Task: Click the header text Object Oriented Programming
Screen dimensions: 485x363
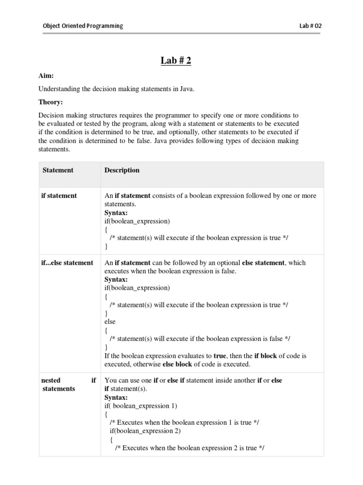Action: coord(82,26)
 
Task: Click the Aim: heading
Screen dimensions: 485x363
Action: coord(47,76)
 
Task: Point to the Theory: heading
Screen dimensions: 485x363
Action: coord(51,102)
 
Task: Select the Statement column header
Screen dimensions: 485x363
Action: coord(58,170)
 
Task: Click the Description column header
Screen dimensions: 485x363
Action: coord(122,170)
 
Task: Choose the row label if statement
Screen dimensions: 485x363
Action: coord(60,196)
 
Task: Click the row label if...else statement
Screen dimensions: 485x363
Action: coord(67,262)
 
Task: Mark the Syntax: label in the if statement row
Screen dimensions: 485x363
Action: coord(116,213)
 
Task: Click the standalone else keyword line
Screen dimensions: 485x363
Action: coord(110,322)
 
